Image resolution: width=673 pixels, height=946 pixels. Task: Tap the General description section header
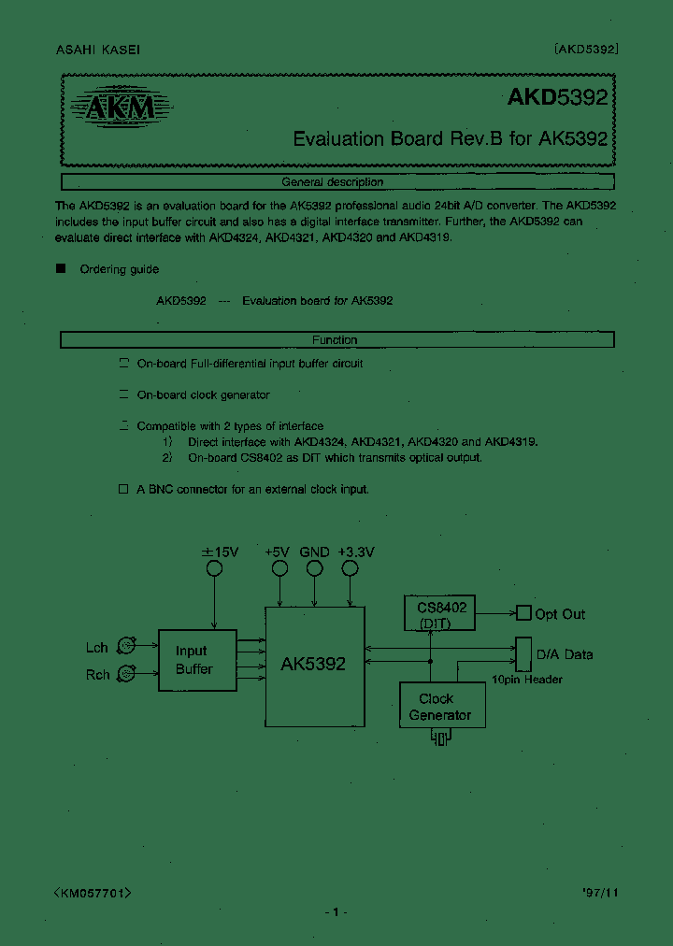click(336, 182)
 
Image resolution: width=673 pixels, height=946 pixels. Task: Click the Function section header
click(336, 340)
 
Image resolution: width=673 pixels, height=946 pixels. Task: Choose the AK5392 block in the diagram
click(313, 664)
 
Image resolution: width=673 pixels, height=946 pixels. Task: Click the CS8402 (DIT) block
click(441, 614)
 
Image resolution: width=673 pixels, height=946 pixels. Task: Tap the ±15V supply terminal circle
click(214, 568)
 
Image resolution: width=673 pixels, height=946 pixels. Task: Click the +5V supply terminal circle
click(279, 568)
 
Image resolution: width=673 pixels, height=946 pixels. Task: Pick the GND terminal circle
click(314, 568)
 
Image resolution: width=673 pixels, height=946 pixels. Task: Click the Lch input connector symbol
click(125, 645)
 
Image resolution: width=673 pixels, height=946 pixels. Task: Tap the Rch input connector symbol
click(125, 673)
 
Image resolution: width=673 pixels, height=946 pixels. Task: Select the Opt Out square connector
click(523, 613)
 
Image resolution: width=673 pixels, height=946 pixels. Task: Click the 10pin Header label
click(526, 680)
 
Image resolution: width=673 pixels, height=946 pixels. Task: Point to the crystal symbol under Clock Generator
click(439, 739)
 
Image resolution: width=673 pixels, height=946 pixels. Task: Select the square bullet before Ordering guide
click(62, 269)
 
